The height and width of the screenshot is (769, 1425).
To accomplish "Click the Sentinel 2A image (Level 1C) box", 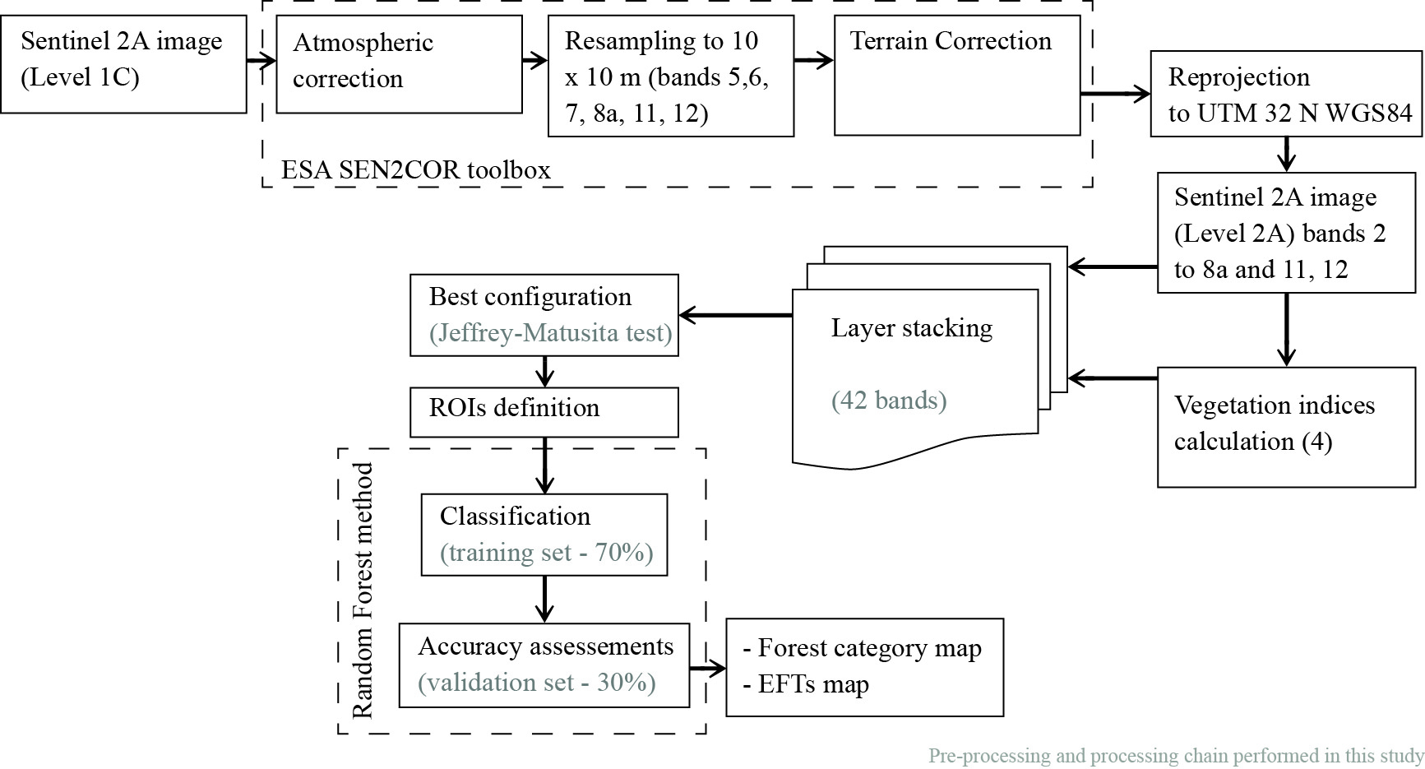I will click(x=123, y=64).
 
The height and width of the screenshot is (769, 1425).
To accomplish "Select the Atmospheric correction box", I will click(x=399, y=64).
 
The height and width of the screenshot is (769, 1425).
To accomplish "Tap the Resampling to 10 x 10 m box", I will click(x=670, y=76).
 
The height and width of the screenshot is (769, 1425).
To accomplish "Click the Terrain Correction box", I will click(x=956, y=76).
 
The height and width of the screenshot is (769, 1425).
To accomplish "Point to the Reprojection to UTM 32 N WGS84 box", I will click(x=1286, y=94).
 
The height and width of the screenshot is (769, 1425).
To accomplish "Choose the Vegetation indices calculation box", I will click(x=1286, y=427).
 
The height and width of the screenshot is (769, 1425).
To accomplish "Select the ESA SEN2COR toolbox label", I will click(x=416, y=170).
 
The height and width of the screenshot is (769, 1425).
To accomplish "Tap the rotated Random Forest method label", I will click(x=363, y=591).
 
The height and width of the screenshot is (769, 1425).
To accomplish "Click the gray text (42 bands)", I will click(x=889, y=401).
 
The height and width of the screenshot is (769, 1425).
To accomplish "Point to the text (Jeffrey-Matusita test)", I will click(x=550, y=333).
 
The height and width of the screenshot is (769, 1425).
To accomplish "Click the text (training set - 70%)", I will click(x=546, y=553).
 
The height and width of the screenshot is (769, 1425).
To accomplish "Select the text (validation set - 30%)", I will click(x=537, y=683).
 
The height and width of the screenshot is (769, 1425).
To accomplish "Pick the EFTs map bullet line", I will click(x=806, y=684).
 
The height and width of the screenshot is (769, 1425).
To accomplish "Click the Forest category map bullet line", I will click(x=863, y=648).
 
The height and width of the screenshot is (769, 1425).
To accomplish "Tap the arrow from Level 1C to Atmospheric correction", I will click(x=261, y=60).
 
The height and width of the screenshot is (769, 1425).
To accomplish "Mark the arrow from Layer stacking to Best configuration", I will click(x=735, y=315).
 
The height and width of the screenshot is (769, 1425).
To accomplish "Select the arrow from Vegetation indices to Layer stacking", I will click(x=1113, y=378).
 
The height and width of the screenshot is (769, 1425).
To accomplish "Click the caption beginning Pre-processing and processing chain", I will click(x=1176, y=756).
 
